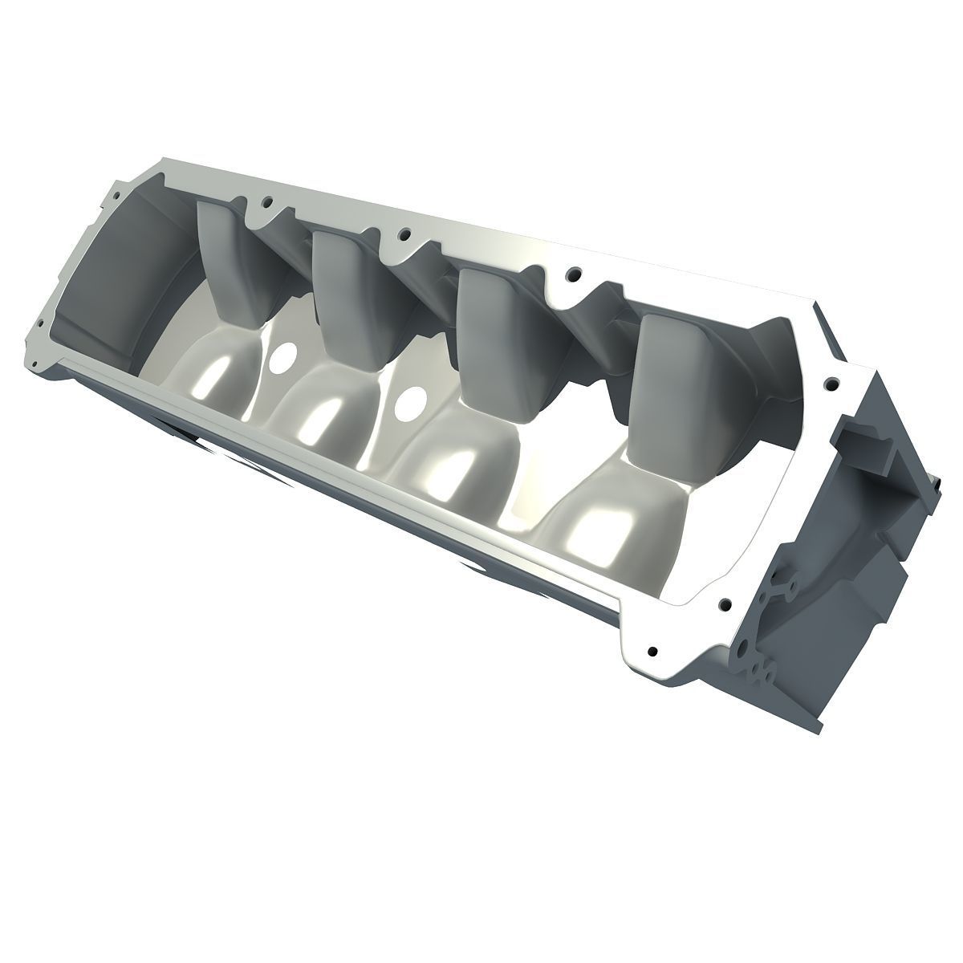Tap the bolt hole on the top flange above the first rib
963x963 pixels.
(x=267, y=202)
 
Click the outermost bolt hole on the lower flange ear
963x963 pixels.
(x=652, y=651)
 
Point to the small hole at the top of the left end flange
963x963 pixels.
(x=116, y=193)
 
